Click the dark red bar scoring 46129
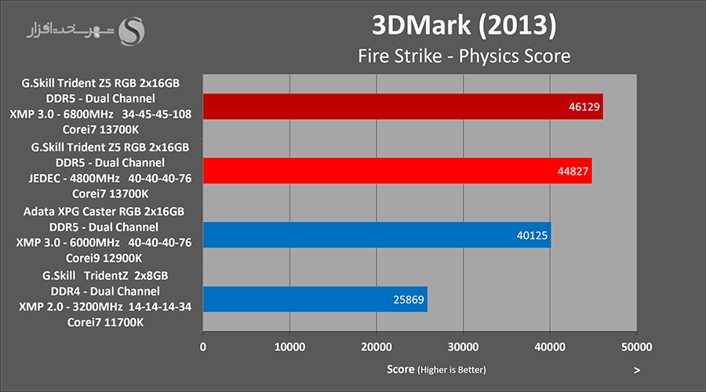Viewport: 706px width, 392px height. (x=402, y=107)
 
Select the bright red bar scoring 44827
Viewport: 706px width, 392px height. (x=397, y=170)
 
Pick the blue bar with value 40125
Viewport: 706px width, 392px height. (x=377, y=234)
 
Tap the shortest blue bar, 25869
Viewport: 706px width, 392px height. (x=315, y=299)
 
